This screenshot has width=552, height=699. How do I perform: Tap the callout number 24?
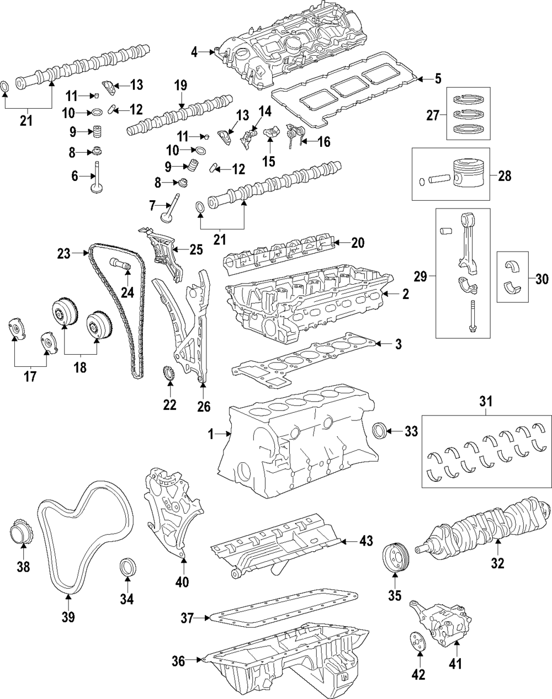point(128,292)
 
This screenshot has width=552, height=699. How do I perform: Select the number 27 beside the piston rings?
point(433,116)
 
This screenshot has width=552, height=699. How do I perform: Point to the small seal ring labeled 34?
point(128,569)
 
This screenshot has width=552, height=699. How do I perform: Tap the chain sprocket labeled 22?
point(169,374)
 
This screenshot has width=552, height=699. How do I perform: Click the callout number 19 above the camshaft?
point(181,86)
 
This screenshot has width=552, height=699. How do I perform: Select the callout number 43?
point(366,541)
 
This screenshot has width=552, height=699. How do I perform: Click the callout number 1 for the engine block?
point(210,435)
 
